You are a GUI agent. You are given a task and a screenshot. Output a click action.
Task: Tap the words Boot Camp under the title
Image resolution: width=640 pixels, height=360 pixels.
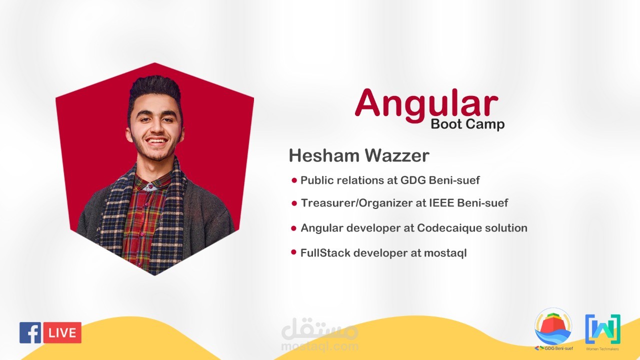pos(467,124)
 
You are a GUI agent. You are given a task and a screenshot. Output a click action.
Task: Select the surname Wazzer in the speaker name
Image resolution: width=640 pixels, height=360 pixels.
pos(397,155)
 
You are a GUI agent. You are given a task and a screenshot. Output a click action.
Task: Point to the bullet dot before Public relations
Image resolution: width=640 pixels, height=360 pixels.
pos(294,180)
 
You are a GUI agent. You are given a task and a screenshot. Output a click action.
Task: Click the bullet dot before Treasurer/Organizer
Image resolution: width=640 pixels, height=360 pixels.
pos(294,203)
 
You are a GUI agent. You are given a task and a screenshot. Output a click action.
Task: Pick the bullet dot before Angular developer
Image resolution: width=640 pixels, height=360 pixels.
pos(293,228)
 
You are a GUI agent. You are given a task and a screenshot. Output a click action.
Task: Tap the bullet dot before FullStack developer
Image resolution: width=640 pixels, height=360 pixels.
pos(293,252)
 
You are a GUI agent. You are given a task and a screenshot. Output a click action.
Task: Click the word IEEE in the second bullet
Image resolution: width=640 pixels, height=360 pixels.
pos(441,203)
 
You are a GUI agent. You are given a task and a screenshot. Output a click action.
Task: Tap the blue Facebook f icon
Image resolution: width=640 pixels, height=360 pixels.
pos(30,332)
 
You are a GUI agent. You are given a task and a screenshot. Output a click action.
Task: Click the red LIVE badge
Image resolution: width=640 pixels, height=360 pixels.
pos(62,332)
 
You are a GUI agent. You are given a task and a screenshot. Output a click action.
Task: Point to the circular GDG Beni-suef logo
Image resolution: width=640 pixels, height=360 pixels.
pos(553,326)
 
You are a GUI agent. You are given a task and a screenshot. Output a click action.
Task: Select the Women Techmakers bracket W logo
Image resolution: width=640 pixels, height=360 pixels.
pos(602,329)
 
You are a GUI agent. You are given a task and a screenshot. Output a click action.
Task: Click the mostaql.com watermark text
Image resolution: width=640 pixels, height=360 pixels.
pos(319,346)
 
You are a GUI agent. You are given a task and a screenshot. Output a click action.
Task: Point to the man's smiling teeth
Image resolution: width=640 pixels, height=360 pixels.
pos(156,141)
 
